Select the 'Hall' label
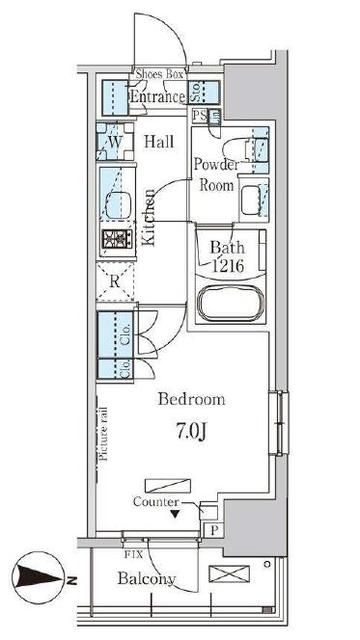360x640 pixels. pos(160,143)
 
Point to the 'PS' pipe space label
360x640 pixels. pos(198,117)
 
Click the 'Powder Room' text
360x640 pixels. pos(214,175)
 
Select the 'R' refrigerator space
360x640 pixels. pos(116,281)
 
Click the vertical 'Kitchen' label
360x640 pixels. pos(148,217)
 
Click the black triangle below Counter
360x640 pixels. pos(175,514)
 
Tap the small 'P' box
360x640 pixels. pos(213,530)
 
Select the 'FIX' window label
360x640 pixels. pos(131,553)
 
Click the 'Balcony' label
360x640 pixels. pos(147,579)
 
